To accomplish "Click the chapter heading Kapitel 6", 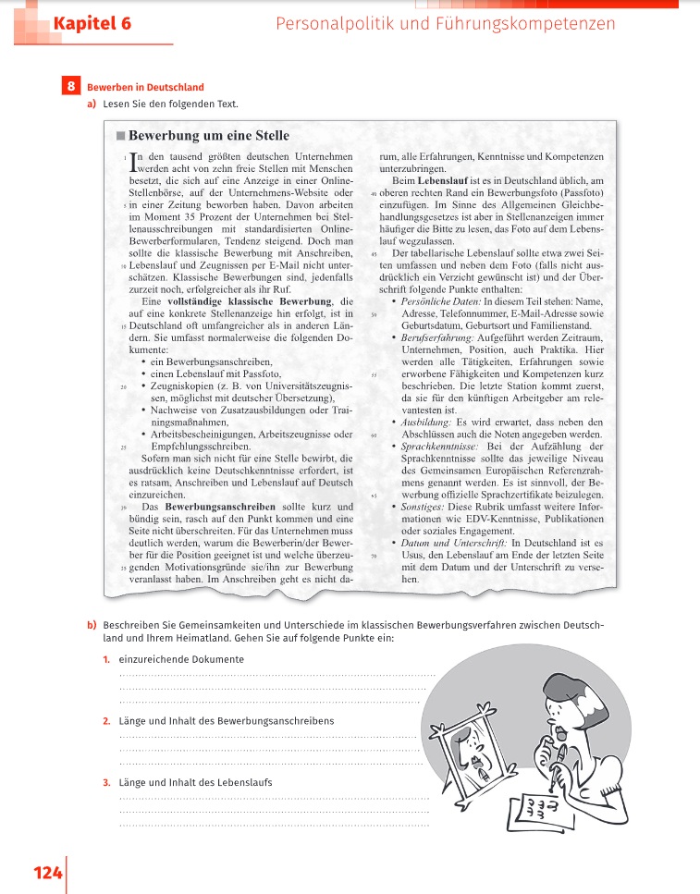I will pos(92,24).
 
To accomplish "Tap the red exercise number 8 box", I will pos(71,87).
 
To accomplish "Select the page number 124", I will pos(47,873).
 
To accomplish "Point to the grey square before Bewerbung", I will pos(120,137).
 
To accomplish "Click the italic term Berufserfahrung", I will pos(436,338).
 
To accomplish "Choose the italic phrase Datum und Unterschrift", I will pos(451,542).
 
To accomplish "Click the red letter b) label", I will pos(92,626).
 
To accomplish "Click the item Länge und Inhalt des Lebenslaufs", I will pos(195,782).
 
